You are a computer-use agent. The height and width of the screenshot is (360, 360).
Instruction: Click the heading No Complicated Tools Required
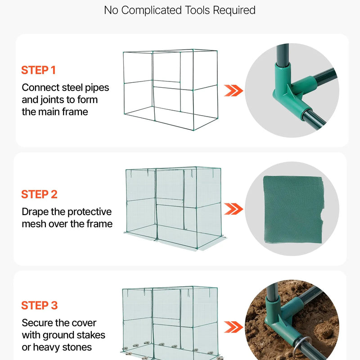[180, 10]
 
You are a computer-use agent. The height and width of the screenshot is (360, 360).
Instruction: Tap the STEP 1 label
[38, 70]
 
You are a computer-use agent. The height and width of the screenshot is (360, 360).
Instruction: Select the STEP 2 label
[39, 194]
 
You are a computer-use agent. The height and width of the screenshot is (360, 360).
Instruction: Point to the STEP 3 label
[39, 306]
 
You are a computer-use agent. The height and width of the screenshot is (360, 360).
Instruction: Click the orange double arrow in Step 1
[233, 90]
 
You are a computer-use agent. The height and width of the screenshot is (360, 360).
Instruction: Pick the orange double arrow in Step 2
[233, 209]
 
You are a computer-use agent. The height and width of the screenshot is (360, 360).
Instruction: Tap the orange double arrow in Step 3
[233, 327]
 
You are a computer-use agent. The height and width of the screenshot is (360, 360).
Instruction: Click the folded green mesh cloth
[293, 209]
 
